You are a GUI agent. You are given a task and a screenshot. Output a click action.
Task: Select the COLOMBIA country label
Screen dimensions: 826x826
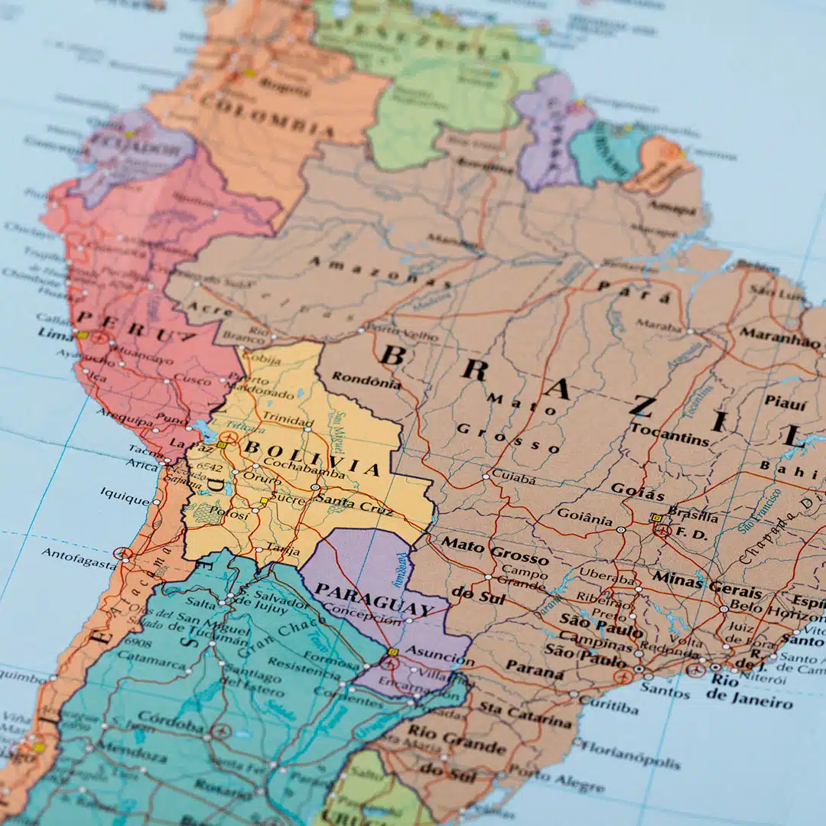coord(267,115)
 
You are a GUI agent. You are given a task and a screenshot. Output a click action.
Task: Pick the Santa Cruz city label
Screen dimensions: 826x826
coord(354,502)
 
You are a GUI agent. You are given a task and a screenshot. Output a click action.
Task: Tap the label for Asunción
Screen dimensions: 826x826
coord(437,655)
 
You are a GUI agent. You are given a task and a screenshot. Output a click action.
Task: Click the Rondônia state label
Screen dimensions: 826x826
coord(366,379)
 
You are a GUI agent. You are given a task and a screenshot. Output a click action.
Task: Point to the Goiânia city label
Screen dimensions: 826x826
coord(584,517)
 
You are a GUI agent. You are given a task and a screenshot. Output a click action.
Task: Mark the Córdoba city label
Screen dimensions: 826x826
coord(171,721)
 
